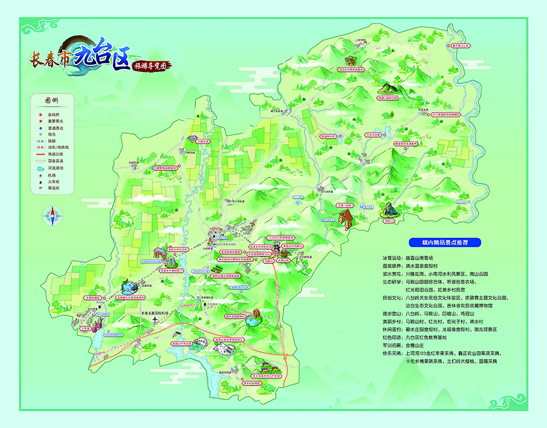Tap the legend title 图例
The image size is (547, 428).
pyautogui.click(x=52, y=100)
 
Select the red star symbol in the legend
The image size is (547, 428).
pyautogui.click(x=40, y=115)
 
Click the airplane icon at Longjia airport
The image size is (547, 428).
pyautogui.click(x=154, y=320)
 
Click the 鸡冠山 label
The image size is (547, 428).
pyautogui.click(x=389, y=219)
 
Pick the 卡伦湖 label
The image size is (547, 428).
pyautogui.click(x=85, y=329)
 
